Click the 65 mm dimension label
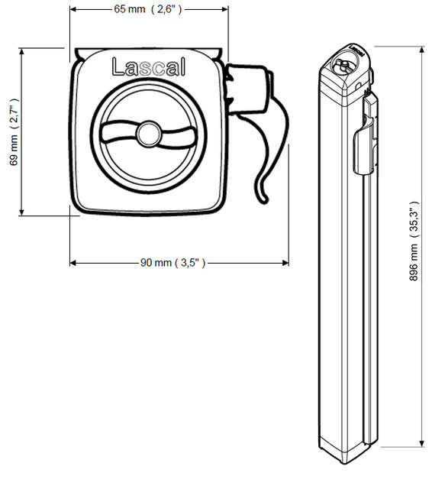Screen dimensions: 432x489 tap(147, 9)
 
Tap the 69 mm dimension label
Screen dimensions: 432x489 tap(14, 132)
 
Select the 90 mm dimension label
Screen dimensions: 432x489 tap(172, 263)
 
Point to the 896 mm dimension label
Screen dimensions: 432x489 tap(414, 241)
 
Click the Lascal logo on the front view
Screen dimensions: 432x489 tap(149, 66)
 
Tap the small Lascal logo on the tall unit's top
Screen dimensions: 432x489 tap(357, 51)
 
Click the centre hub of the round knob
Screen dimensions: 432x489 tap(149, 134)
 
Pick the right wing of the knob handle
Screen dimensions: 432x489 tap(179, 138)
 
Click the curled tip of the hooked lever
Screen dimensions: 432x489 tap(263, 197)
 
